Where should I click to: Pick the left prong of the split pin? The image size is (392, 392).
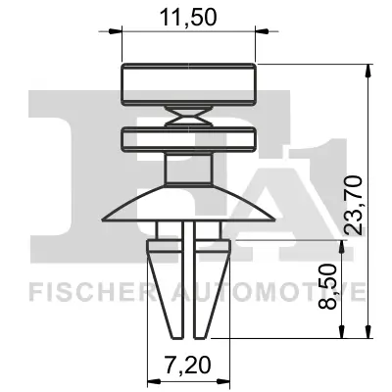(x=167, y=284)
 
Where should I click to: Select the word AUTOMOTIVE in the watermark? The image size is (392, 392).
(x=284, y=292)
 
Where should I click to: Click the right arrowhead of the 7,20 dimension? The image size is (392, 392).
(x=224, y=380)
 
